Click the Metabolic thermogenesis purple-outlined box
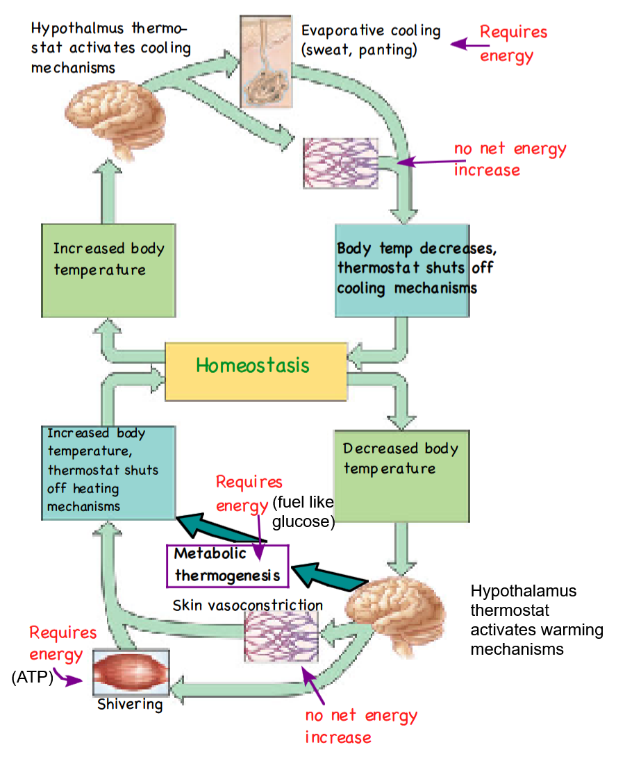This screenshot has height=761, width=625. tap(226, 565)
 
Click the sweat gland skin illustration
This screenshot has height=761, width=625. tap(265, 60)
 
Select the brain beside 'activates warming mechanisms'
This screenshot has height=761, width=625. tap(394, 614)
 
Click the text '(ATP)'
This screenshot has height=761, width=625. tap(33, 678)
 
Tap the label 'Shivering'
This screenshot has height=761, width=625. tap(130, 705)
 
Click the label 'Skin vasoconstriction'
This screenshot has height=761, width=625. tap(247, 605)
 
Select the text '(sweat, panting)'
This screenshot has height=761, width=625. tap(359, 50)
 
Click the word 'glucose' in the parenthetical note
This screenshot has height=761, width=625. tap(303, 521)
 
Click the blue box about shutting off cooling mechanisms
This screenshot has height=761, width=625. tap(401, 269)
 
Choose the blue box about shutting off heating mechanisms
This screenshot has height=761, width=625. tap(107, 472)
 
